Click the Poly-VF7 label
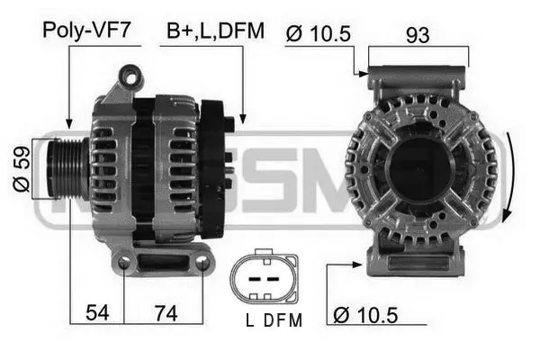pos(86,31)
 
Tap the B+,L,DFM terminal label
pos(215,31)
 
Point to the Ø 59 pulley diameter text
pos(22,167)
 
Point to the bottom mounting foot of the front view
pos(418,262)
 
